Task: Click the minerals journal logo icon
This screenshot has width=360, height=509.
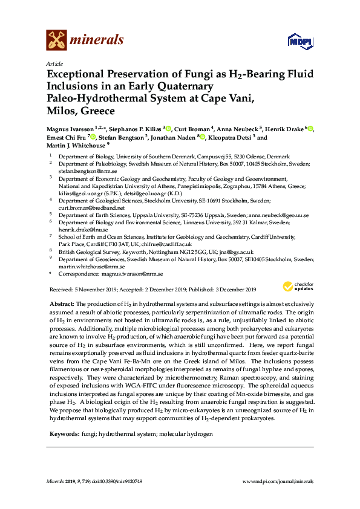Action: [56, 41]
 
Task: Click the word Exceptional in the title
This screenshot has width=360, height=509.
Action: [77, 75]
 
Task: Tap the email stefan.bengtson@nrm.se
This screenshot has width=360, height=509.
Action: [82, 171]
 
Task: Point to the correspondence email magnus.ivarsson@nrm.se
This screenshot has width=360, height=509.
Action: [132, 274]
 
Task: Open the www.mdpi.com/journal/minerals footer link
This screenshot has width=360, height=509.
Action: [277, 482]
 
